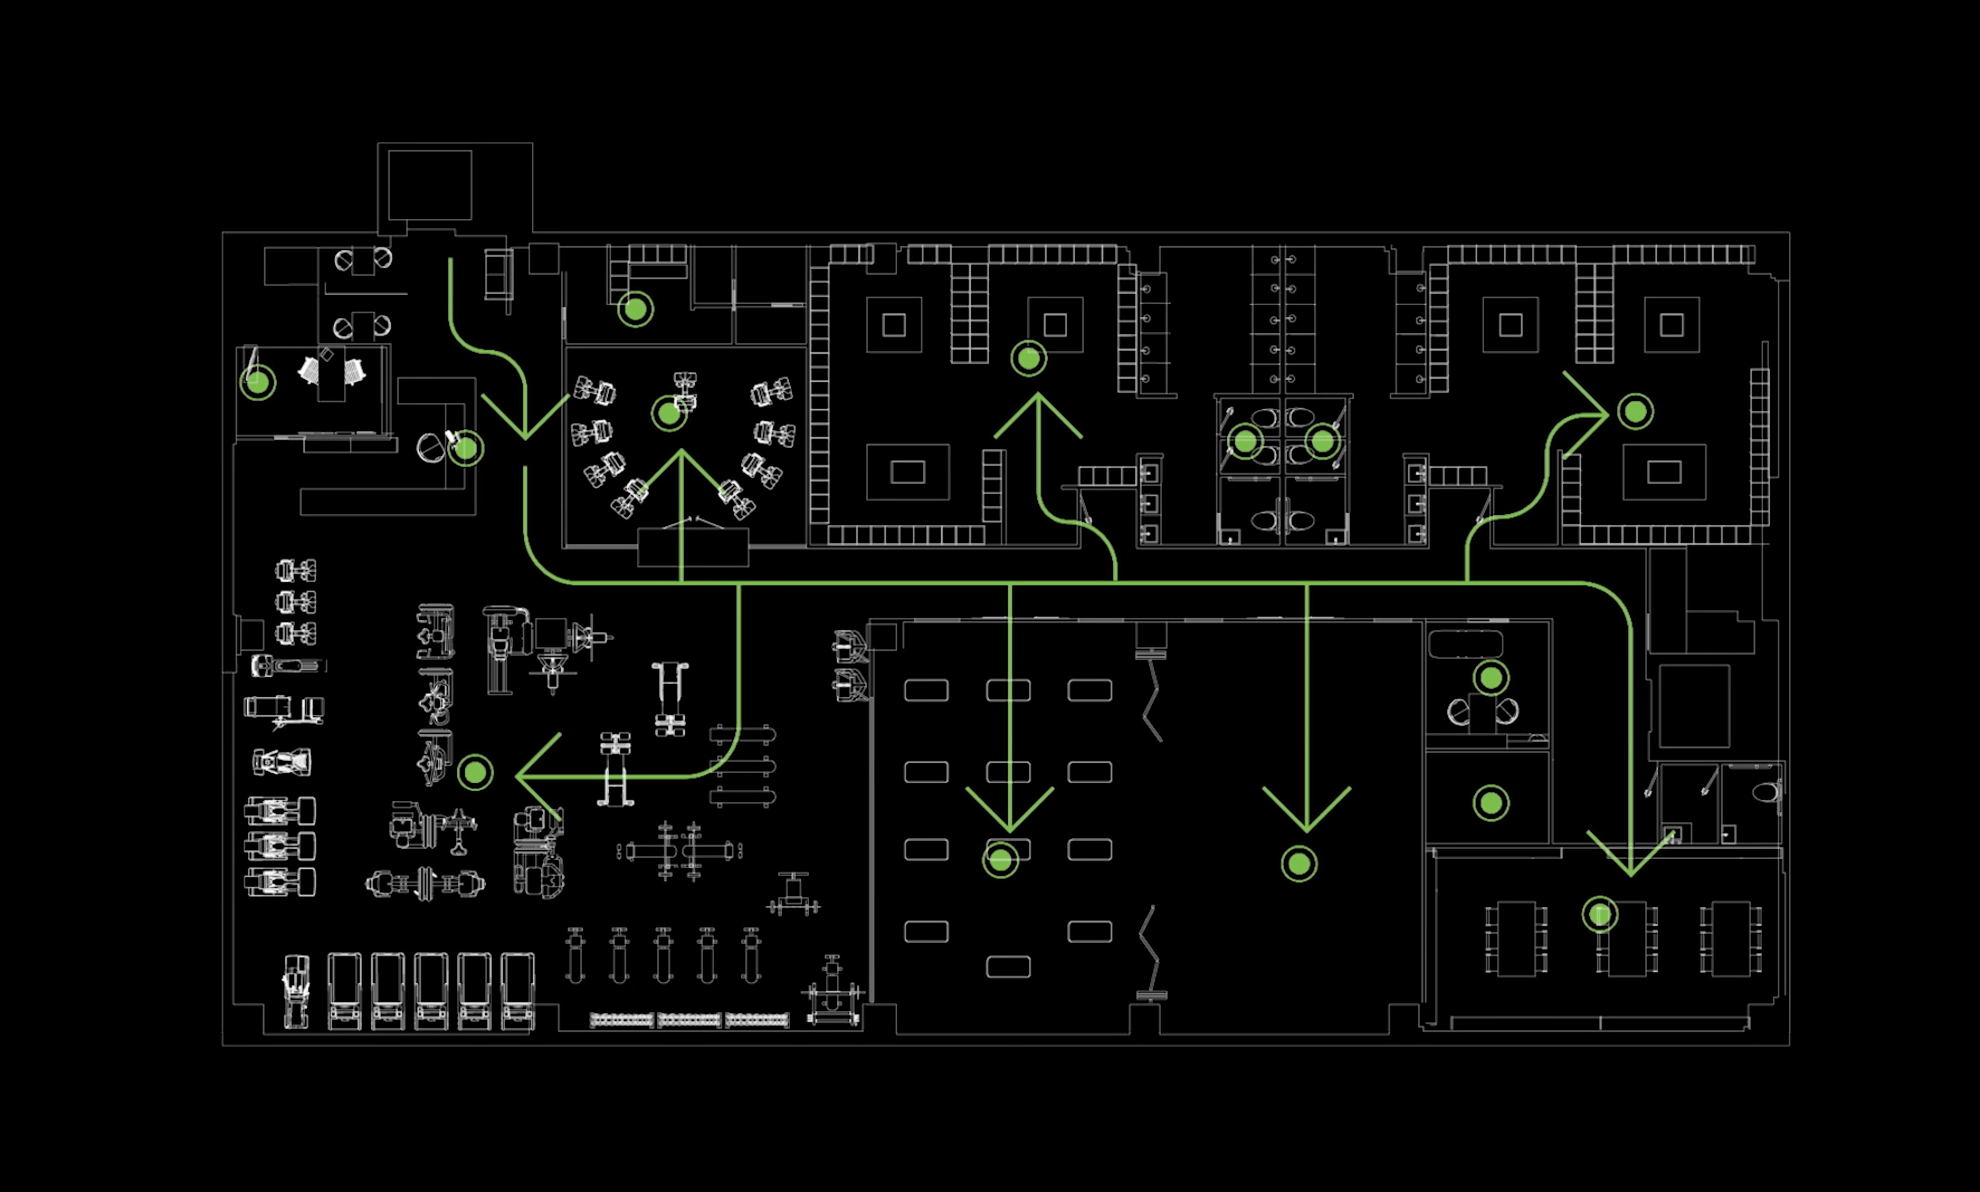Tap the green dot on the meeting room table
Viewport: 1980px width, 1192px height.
click(1600, 914)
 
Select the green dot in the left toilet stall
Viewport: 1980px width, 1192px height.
click(1245, 441)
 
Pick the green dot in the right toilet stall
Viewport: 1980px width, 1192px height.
click(1322, 441)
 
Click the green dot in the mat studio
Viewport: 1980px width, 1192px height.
click(1000, 860)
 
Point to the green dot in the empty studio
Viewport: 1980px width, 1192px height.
click(1299, 864)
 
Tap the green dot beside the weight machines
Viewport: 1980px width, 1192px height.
click(475, 773)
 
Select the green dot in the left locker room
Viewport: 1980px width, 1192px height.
click(1028, 358)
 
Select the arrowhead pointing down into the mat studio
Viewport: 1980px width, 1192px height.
click(1010, 827)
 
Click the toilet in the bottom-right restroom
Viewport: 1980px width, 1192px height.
click(1765, 793)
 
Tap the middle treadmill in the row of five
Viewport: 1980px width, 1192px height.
click(431, 991)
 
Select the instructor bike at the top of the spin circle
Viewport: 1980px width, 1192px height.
click(685, 389)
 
